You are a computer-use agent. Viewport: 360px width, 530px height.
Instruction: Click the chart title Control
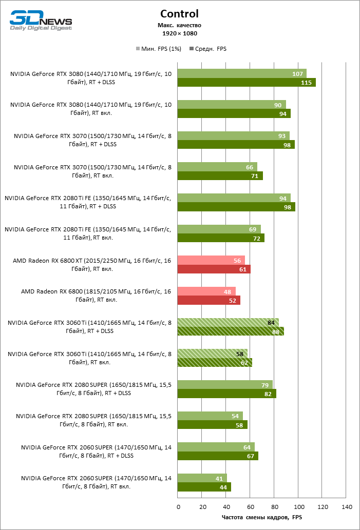[x=179, y=14]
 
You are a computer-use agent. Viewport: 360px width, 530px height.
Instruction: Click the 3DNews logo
[x=41, y=21]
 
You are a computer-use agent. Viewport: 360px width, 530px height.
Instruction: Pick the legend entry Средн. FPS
[x=208, y=49]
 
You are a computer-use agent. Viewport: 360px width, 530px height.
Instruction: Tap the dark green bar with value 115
[x=247, y=83]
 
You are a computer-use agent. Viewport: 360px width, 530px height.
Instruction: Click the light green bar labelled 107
[x=242, y=73]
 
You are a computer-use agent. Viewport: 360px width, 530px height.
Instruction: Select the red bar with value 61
[x=214, y=269]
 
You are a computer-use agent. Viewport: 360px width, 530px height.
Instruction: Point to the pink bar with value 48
[x=206, y=291]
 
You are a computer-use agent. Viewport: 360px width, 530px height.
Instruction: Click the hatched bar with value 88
[x=231, y=331]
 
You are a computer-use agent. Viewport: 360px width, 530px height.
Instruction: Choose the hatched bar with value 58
[x=213, y=354]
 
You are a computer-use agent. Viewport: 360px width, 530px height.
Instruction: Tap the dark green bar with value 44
[x=204, y=487]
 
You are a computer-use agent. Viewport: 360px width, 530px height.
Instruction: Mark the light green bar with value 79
[x=225, y=385]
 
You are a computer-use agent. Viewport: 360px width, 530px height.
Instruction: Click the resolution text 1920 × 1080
[x=179, y=33]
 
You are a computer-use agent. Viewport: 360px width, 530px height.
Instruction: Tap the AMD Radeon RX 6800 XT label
[x=92, y=264]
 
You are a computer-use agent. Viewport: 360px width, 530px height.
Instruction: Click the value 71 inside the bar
[x=254, y=176]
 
